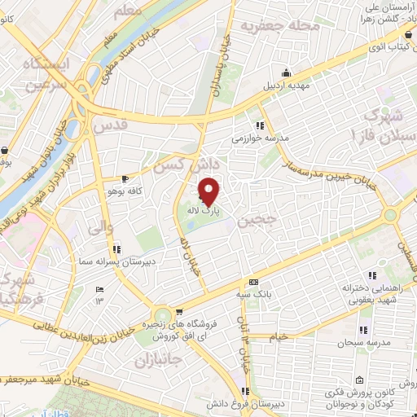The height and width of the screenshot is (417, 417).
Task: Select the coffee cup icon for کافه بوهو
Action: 125,178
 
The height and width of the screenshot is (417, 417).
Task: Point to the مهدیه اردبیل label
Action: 284,85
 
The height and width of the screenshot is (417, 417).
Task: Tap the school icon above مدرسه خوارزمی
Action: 259,125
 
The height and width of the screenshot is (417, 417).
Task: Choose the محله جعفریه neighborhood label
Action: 272,27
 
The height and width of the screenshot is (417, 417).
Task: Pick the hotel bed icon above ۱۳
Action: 100,290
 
